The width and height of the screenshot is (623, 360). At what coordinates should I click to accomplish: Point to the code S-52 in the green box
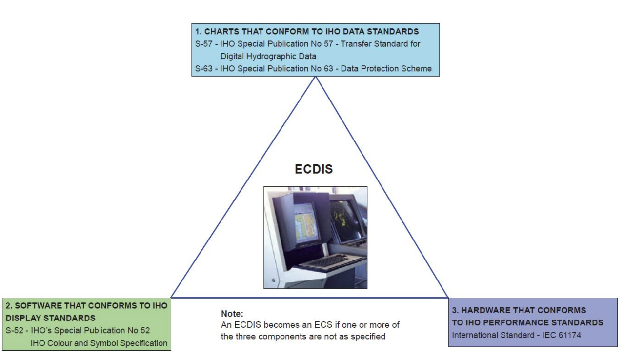pyautogui.click(x=15, y=330)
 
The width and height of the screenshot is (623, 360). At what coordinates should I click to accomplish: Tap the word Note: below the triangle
pyautogui.click(x=232, y=314)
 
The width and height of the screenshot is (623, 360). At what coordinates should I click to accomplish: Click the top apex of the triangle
pyautogui.click(x=316, y=78)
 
